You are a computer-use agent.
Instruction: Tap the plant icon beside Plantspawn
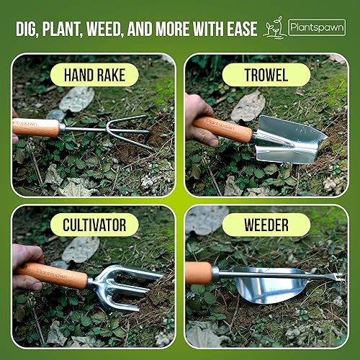[x=274, y=27]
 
